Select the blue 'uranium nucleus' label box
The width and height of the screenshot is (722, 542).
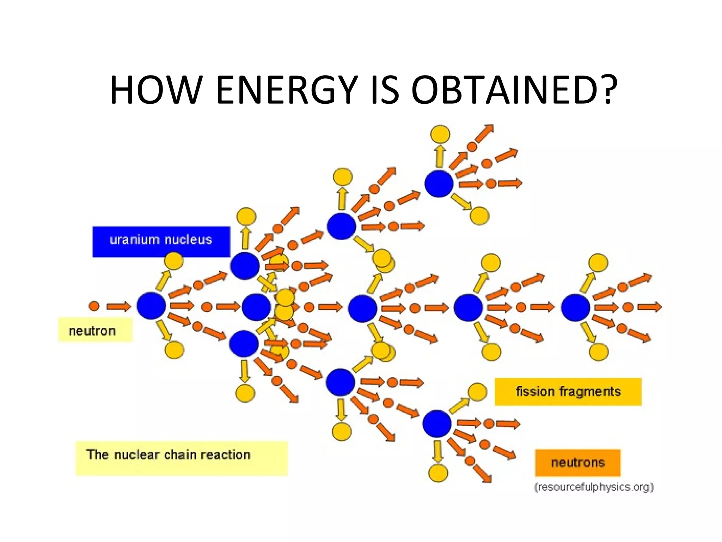coord(161,241)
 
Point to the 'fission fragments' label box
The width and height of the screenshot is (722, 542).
coord(568,391)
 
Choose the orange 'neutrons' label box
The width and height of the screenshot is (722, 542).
coord(577,463)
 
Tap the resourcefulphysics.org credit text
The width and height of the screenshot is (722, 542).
coord(594,487)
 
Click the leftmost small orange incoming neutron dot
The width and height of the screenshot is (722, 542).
coord(94,306)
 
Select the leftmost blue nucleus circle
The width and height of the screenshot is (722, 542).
coord(151,306)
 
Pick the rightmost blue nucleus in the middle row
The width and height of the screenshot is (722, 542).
coord(575,308)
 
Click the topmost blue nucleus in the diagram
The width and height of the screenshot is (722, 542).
coord(439,183)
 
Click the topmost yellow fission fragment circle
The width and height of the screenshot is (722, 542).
coord(440,134)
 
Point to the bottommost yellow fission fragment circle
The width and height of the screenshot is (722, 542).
coord(438,473)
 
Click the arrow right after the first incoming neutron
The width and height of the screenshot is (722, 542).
coord(118,306)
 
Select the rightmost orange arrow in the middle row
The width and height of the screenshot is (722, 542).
coord(649,307)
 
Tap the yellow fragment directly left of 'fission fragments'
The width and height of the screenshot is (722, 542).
coord(477,392)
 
